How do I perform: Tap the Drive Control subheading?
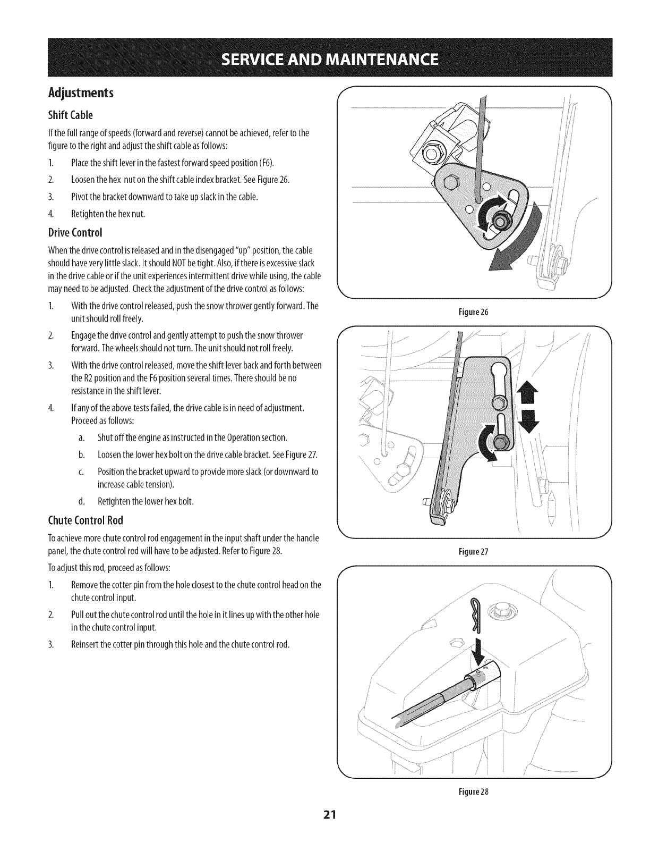click(x=74, y=233)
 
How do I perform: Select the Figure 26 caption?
click(x=475, y=312)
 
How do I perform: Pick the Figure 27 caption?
click(x=475, y=551)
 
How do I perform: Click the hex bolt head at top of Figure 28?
click(x=501, y=612)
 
